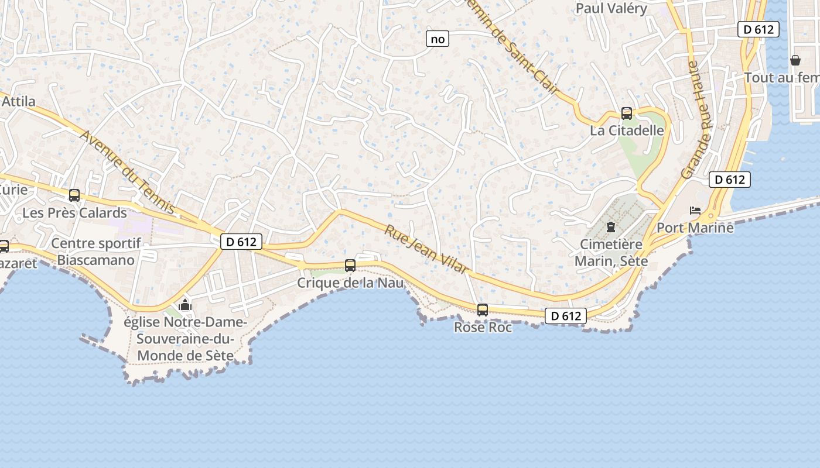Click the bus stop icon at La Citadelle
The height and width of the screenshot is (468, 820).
(627, 113)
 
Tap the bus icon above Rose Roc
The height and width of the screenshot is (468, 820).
(483, 310)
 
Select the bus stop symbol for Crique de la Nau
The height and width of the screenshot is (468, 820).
(350, 266)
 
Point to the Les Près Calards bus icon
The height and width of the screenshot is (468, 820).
(74, 195)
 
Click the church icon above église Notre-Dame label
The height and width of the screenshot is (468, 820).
(185, 305)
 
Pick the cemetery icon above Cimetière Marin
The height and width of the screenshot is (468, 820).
(611, 226)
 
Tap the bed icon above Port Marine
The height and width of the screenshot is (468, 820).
(695, 211)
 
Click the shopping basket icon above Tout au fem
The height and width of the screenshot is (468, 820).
(795, 60)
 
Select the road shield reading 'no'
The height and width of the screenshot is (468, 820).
(438, 39)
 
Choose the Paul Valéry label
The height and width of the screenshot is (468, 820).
(611, 8)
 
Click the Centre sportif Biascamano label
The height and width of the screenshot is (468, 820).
(93, 252)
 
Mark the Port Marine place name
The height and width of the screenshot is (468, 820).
(695, 228)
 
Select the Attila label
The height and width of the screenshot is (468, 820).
(19, 101)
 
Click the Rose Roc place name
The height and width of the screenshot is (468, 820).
(483, 328)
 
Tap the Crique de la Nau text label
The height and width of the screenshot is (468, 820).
(350, 283)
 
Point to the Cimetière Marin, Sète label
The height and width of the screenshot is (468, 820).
(611, 252)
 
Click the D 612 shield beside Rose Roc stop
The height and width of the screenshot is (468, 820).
(566, 316)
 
